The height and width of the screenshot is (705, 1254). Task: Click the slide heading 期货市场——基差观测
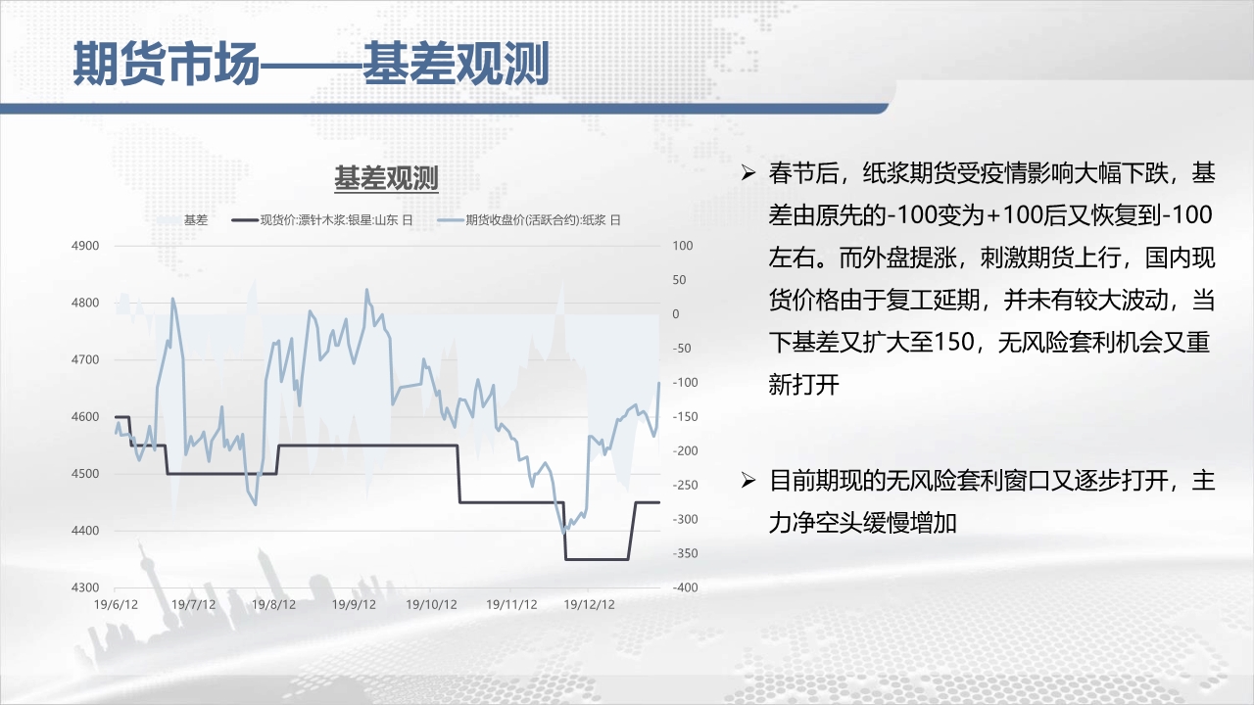pos(312,64)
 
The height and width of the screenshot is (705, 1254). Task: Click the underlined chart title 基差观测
pos(386,178)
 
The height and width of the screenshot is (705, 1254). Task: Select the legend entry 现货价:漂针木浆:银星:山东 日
pos(322,220)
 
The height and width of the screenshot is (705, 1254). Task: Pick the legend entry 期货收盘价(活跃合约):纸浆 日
pos(529,220)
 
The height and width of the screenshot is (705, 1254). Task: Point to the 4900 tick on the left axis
pos(85,246)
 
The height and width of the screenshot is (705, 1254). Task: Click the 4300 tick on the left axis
pos(85,587)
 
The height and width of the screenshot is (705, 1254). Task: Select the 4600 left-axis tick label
pos(85,417)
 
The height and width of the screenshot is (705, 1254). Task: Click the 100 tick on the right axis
pos(683,246)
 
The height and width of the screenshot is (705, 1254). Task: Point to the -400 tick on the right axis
pos(685,587)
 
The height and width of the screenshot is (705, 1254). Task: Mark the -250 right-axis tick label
pos(685,485)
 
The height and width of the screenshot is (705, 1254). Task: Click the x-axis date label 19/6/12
pos(116,605)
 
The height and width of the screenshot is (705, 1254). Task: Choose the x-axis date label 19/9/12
pos(354,605)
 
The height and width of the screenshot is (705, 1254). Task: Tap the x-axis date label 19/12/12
pos(589,605)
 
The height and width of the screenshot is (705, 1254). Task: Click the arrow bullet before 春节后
pos(748,173)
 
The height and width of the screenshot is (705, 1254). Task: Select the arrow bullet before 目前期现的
pos(748,480)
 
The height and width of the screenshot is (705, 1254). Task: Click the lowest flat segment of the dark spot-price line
pos(597,559)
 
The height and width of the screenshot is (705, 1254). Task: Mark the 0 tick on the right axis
pos(676,314)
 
